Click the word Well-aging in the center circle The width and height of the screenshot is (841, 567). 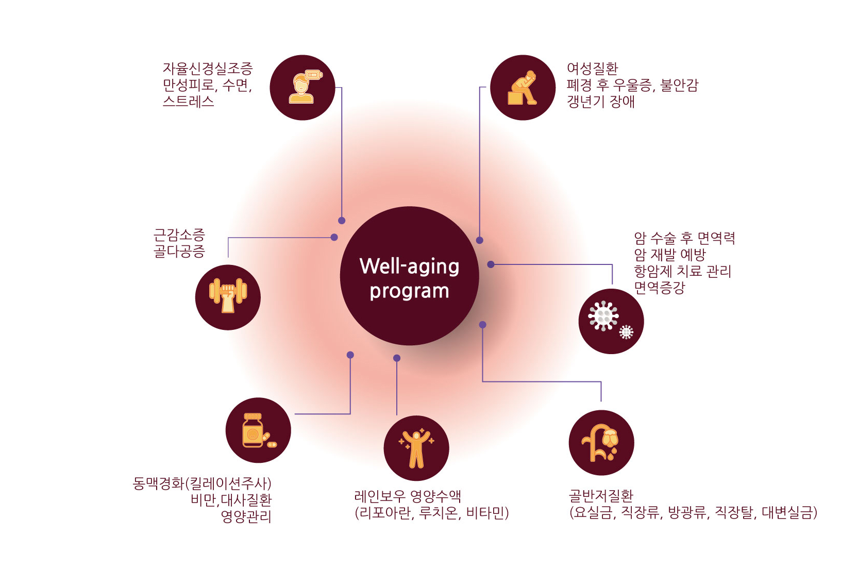click(409, 267)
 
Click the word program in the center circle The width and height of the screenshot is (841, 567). click(409, 292)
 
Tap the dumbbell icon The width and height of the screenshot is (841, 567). click(228, 295)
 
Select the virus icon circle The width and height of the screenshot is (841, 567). click(611, 321)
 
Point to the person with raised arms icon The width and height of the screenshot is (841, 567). click(416, 448)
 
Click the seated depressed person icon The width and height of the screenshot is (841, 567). click(522, 88)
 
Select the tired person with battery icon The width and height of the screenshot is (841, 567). click(305, 87)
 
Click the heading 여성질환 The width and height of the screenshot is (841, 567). click(592, 69)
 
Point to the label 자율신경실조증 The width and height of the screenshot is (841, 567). click(208, 69)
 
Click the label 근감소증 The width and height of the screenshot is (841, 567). click(179, 235)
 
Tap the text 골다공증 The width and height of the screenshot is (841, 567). click(179, 252)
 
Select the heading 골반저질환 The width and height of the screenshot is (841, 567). click(601, 496)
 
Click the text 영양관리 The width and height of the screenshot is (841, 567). click(246, 516)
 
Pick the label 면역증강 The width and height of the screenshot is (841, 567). click(660, 288)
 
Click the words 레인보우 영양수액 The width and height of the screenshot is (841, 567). click(407, 496)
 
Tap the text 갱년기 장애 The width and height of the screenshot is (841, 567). click(601, 102)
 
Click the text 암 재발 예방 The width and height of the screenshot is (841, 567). click(670, 255)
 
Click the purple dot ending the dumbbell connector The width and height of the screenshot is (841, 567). click(334, 237)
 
